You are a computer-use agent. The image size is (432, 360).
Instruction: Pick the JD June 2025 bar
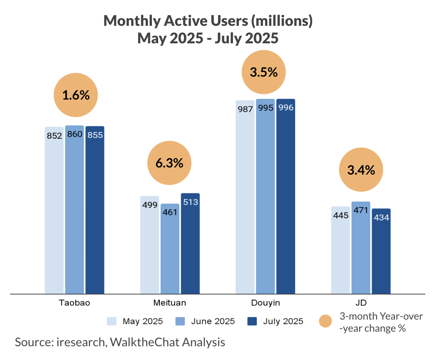[360, 248]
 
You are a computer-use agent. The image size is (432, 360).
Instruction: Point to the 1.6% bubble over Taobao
[76, 95]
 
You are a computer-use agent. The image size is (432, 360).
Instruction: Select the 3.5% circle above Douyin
[263, 72]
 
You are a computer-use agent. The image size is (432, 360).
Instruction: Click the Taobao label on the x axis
[74, 302]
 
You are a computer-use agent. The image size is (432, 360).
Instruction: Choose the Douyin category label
[265, 302]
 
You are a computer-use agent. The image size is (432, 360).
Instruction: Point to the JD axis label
[361, 302]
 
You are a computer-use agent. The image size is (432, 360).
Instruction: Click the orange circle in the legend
[325, 321]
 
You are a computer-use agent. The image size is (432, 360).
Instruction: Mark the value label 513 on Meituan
[190, 202]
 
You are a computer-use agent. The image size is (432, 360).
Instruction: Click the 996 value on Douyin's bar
[286, 108]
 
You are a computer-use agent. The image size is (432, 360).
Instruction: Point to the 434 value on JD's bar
[381, 217]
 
